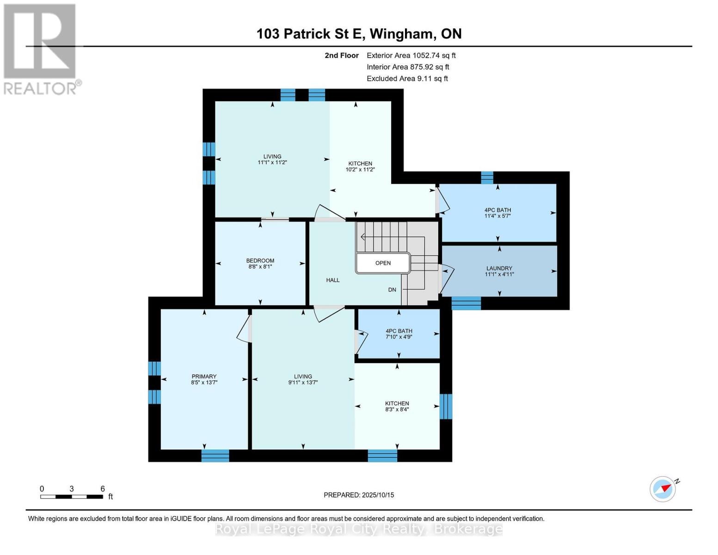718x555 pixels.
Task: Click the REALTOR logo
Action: (x=41, y=49)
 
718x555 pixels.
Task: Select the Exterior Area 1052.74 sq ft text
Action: (x=411, y=55)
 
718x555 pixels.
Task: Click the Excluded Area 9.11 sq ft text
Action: (x=407, y=79)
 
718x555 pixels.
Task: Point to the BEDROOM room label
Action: (x=260, y=261)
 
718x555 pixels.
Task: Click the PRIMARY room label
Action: (x=204, y=376)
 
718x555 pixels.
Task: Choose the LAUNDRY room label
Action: (x=499, y=268)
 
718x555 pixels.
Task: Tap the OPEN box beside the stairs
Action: (x=383, y=263)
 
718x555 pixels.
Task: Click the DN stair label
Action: (x=392, y=290)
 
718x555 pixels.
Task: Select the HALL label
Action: (x=332, y=280)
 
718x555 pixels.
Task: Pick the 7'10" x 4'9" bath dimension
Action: (x=399, y=337)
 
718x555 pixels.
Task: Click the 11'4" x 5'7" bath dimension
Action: (x=497, y=216)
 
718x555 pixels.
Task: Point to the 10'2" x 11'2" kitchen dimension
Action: (x=360, y=170)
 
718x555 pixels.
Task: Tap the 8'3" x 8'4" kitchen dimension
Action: (x=397, y=409)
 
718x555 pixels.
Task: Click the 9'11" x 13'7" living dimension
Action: (x=303, y=382)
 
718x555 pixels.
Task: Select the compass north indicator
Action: (x=663, y=488)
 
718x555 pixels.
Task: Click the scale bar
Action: (x=72, y=497)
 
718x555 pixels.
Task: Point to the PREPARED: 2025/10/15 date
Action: (x=359, y=495)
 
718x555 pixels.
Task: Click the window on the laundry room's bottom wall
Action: (x=466, y=303)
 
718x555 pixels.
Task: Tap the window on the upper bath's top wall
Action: (x=487, y=178)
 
